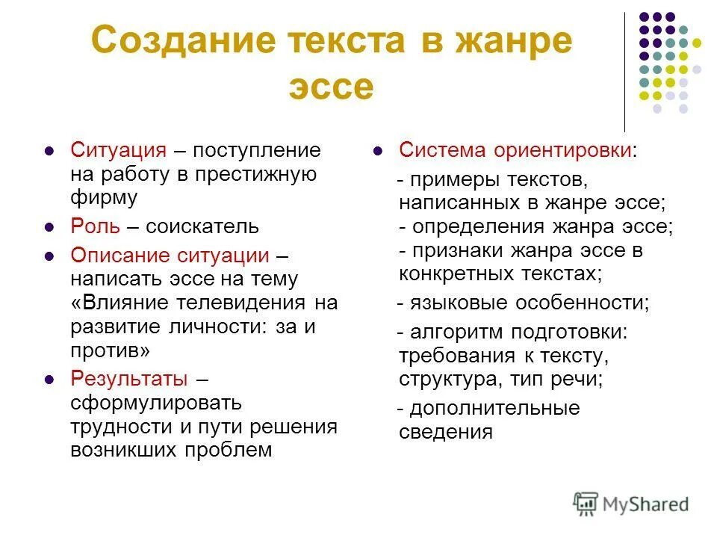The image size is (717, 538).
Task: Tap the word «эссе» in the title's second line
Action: [330, 87]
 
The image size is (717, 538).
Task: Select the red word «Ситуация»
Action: [118, 149]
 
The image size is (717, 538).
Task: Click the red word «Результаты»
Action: [128, 377]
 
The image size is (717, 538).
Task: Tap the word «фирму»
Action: [105, 198]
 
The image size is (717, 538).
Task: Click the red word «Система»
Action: [443, 149]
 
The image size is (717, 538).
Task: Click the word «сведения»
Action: [446, 432]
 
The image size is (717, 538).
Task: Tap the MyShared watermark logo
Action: [630, 503]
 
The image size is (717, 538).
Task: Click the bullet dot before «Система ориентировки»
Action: [378, 150]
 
